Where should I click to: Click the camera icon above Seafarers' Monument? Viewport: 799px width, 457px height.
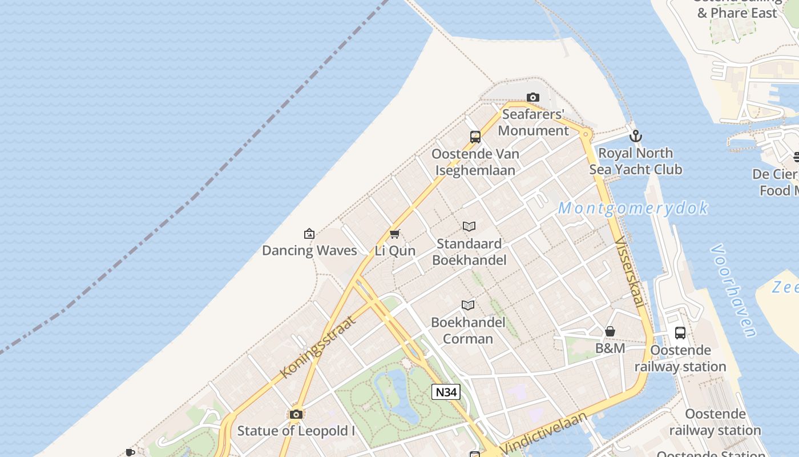pyautogui.click(x=533, y=98)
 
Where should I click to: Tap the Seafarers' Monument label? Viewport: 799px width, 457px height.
pyautogui.click(x=533, y=122)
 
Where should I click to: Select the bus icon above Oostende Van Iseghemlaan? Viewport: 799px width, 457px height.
pyautogui.click(x=475, y=137)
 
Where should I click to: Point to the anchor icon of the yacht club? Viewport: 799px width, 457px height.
pyautogui.click(x=635, y=136)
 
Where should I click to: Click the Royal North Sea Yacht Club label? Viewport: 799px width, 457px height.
pyautogui.click(x=635, y=161)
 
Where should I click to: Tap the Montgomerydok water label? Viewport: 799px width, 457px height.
pyautogui.click(x=633, y=208)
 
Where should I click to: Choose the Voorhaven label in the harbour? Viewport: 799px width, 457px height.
pyautogui.click(x=734, y=291)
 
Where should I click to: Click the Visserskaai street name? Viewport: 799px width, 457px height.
pyautogui.click(x=630, y=273)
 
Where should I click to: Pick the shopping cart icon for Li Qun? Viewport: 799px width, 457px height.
pyautogui.click(x=394, y=234)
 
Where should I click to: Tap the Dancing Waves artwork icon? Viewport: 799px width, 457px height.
pyautogui.click(x=309, y=234)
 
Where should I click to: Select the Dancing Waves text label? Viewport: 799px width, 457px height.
pyautogui.click(x=309, y=250)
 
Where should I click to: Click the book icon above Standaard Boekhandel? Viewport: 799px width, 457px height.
pyautogui.click(x=469, y=227)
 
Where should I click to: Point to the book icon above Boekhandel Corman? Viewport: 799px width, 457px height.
pyautogui.click(x=468, y=306)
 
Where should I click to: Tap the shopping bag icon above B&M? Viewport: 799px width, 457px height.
pyautogui.click(x=610, y=331)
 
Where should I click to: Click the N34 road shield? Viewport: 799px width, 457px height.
pyautogui.click(x=446, y=392)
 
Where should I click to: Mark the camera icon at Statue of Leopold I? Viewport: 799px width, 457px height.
pyautogui.click(x=296, y=414)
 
